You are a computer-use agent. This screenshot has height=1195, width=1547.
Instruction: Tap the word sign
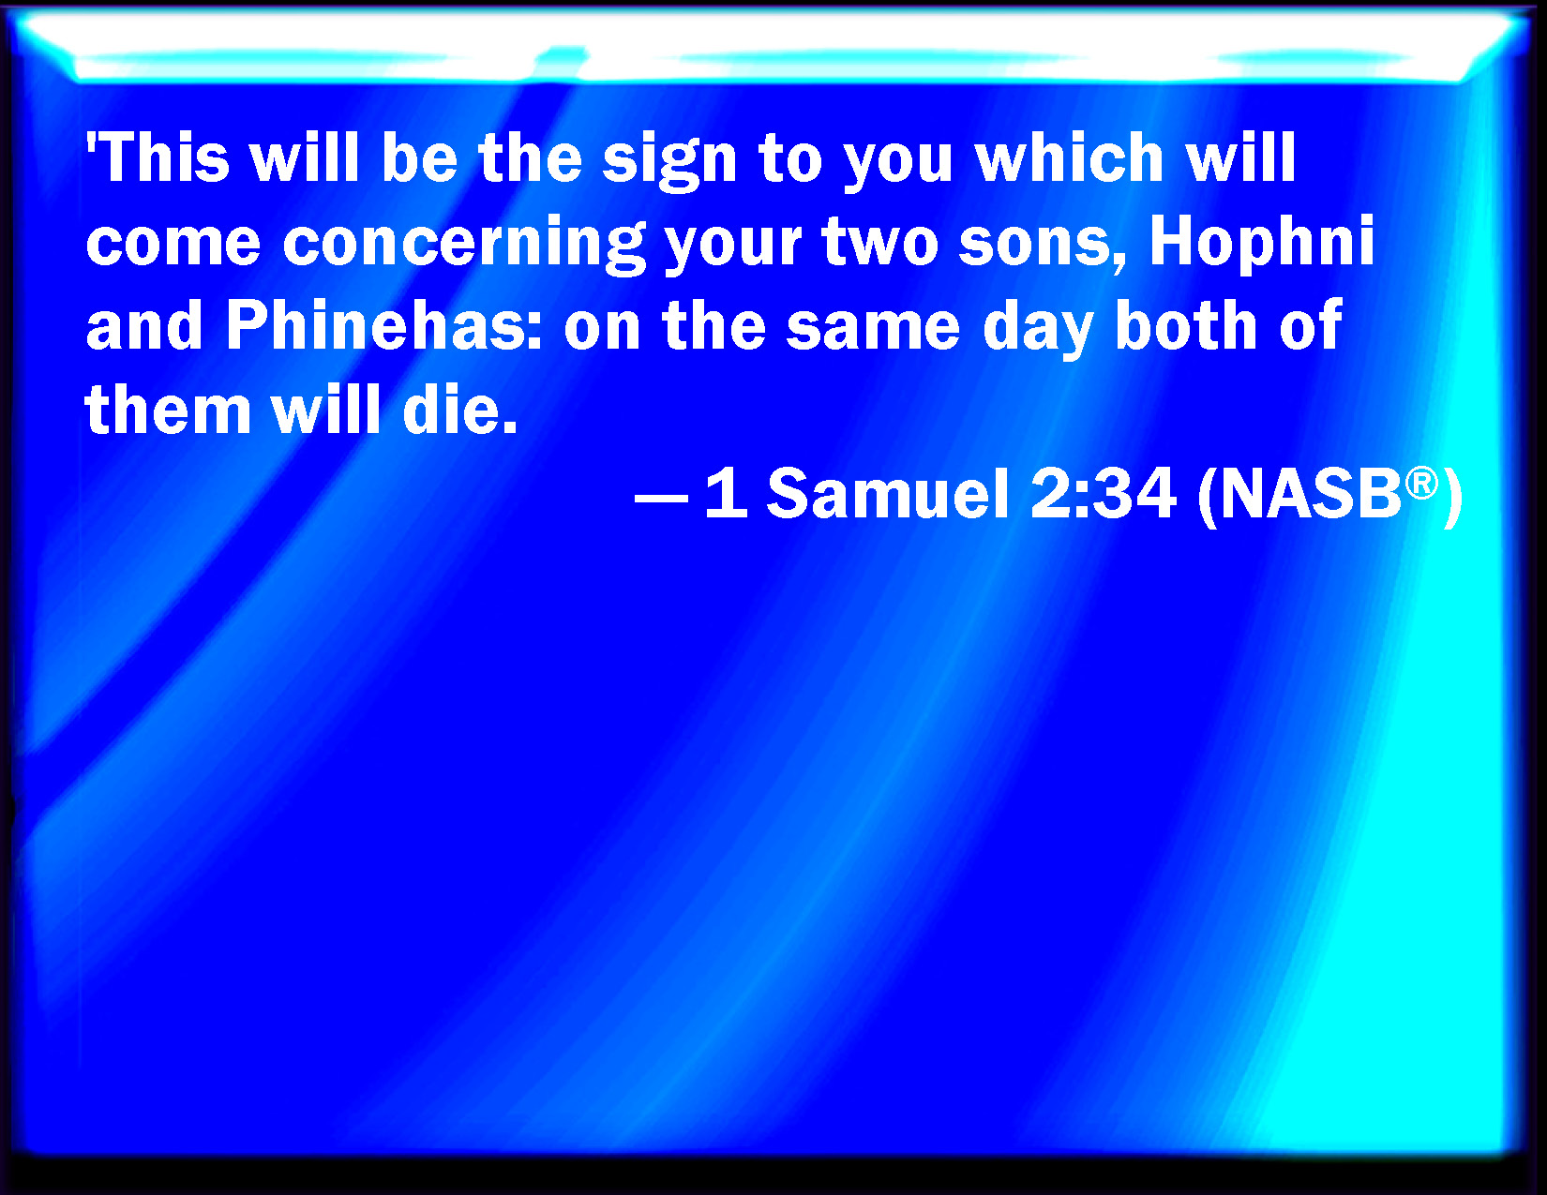point(670,162)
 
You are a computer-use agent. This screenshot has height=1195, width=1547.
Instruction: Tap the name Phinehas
point(384,326)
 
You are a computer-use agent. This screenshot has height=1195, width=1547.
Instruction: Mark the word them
point(168,410)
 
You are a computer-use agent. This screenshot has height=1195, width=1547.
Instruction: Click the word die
point(459,410)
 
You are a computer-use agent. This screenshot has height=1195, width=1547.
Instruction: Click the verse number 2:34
point(1103,494)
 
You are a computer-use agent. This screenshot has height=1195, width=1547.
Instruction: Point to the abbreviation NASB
point(1311,494)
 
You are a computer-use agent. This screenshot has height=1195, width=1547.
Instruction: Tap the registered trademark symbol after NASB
point(1421,484)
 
